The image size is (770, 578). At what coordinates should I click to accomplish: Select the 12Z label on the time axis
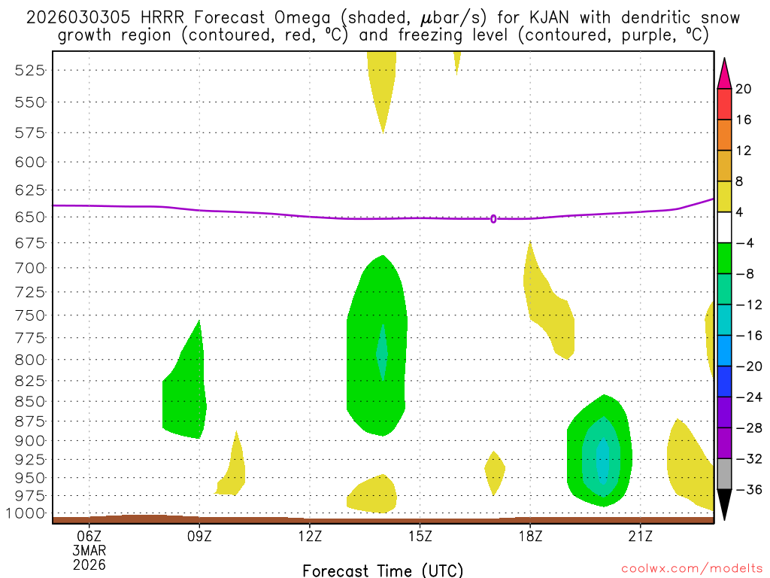[x=310, y=536]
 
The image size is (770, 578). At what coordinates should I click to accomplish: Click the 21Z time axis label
[x=640, y=536]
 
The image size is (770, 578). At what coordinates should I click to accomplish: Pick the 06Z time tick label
[x=89, y=536]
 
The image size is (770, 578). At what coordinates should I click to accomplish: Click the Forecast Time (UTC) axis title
[x=383, y=570]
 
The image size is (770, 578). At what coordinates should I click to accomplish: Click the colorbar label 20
[x=744, y=89]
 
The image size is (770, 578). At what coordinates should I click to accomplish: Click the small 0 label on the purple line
[x=493, y=219]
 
